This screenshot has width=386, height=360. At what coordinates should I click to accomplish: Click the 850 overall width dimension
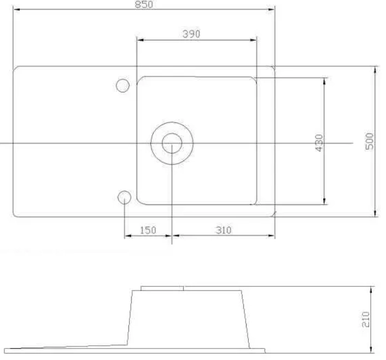pos(144,4)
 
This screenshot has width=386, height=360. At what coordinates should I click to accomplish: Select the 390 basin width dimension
pos(191,34)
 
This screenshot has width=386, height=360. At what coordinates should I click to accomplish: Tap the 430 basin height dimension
pos(319,143)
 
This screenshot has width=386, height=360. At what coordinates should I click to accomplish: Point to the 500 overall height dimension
pos(370,141)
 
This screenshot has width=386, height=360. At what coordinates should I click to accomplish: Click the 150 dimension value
pos(148,230)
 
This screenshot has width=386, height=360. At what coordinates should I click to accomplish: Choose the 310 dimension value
pos(224,230)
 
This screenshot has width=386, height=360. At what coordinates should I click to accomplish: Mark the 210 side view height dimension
pos(366,319)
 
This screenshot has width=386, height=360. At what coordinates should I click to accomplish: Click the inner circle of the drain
pos(172,134)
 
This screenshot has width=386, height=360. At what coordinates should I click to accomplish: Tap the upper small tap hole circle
pos(123,79)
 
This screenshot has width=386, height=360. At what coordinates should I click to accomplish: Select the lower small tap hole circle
pos(124,191)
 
